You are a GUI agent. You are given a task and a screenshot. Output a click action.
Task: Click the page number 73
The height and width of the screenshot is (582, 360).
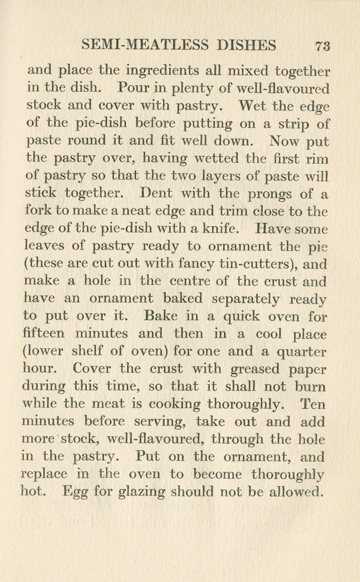point(322,46)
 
